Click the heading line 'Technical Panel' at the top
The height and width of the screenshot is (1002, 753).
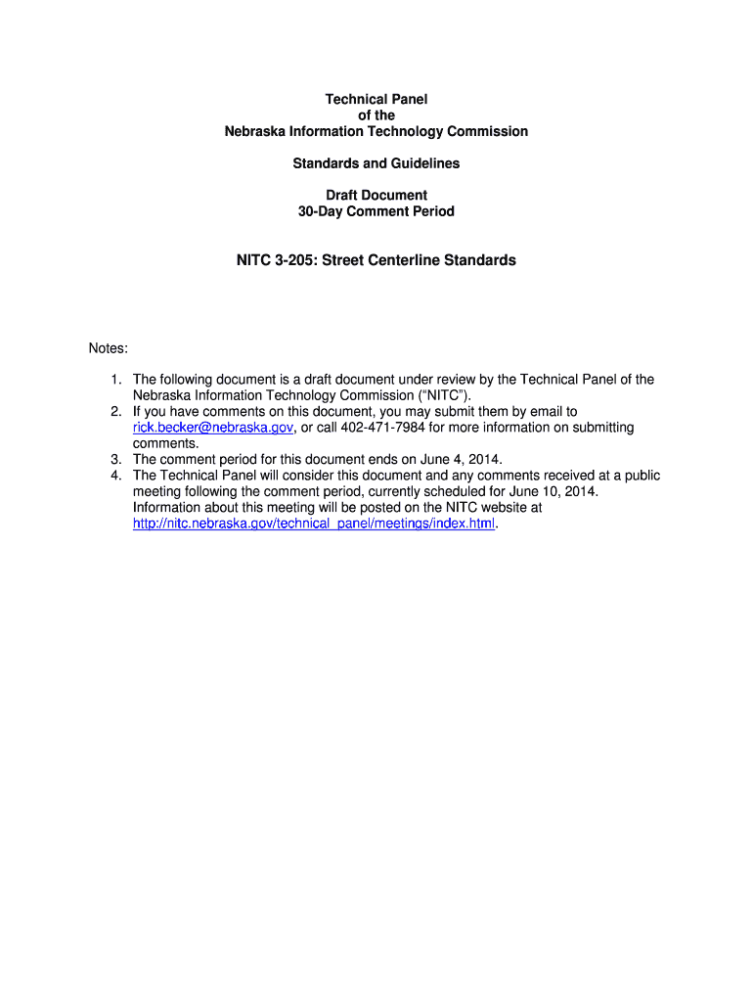(x=376, y=99)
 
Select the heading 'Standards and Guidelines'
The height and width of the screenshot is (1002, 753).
(x=376, y=163)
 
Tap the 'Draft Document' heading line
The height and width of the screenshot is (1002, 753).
(x=376, y=196)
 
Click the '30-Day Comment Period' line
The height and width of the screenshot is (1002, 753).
(x=376, y=211)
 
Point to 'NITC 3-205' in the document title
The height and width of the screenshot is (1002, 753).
(x=276, y=260)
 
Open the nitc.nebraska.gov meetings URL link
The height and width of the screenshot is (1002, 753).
(x=314, y=524)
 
